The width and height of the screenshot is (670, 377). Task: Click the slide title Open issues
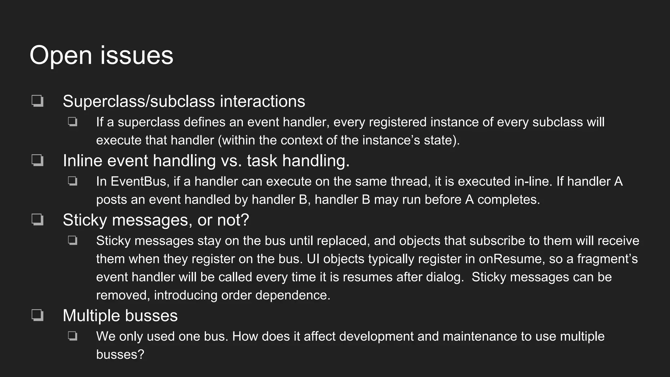pyautogui.click(x=101, y=55)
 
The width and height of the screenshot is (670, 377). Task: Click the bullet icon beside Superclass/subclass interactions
pyautogui.click(x=38, y=101)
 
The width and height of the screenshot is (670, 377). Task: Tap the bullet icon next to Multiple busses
pyautogui.click(x=38, y=315)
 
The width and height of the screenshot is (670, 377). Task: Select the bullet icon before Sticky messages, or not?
pyautogui.click(x=38, y=220)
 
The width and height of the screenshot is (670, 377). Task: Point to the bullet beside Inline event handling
pyautogui.click(x=38, y=160)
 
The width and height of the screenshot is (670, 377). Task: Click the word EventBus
pyautogui.click(x=140, y=181)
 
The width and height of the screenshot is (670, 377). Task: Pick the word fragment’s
pyautogui.click(x=607, y=259)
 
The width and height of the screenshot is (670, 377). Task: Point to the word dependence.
pyautogui.click(x=293, y=295)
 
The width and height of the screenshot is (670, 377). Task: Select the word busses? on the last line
pyautogui.click(x=120, y=354)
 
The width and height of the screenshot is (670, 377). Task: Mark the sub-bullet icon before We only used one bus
pyautogui.click(x=73, y=336)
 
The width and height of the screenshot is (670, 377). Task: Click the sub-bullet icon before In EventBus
pyautogui.click(x=73, y=181)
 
